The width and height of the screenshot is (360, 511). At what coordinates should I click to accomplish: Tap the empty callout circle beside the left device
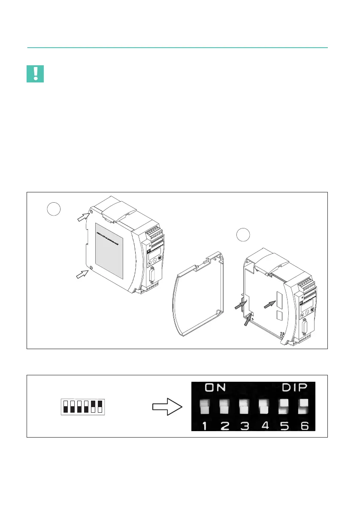[54, 209]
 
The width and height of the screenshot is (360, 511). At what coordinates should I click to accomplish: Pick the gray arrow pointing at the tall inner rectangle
[269, 303]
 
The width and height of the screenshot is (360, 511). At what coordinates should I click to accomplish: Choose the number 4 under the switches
[265, 426]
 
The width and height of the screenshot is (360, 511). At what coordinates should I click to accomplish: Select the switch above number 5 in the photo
[284, 406]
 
